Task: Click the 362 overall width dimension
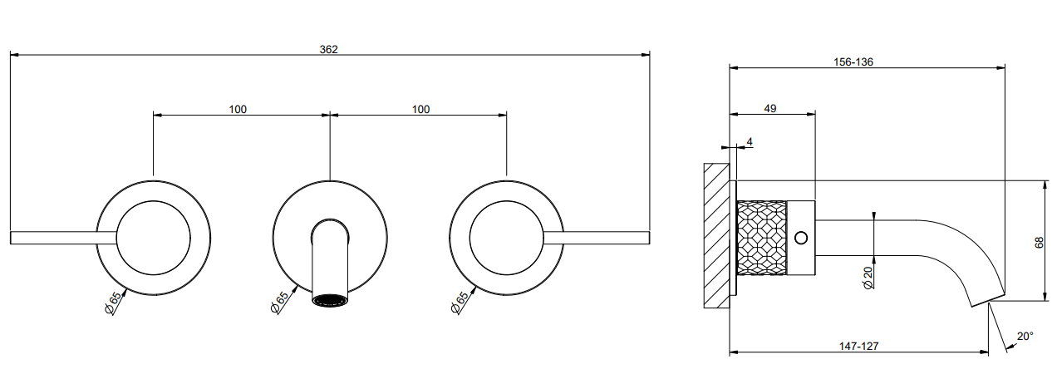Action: tap(328, 49)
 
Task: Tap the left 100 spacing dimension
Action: tap(238, 110)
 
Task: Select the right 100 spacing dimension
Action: tap(421, 110)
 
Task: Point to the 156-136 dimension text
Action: tap(853, 62)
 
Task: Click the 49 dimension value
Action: tap(770, 109)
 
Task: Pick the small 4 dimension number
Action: tap(750, 141)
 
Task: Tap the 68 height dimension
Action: tap(1039, 243)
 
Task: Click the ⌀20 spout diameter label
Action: tap(868, 277)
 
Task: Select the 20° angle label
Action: tap(1025, 336)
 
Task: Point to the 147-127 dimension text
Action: tap(859, 346)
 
